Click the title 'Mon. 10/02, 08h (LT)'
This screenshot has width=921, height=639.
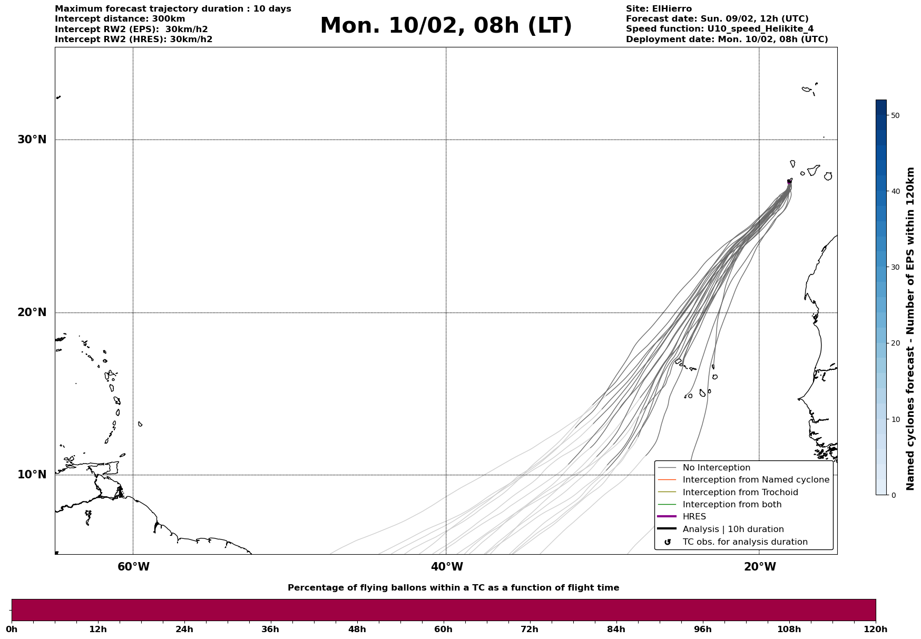click(x=446, y=26)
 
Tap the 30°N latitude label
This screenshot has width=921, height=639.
click(x=32, y=140)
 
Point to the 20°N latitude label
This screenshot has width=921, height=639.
click(x=32, y=312)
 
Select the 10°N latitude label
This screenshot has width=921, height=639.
click(x=32, y=475)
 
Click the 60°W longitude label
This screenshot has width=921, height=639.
click(x=133, y=567)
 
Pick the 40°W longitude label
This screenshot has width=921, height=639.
click(x=447, y=567)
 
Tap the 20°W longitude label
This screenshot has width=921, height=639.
click(x=760, y=567)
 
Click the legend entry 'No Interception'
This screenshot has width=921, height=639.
click(x=716, y=468)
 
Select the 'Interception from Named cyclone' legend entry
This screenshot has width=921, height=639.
click(x=756, y=480)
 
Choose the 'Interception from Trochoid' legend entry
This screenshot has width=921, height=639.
click(x=740, y=493)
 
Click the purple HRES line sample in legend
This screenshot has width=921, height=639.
click(x=667, y=517)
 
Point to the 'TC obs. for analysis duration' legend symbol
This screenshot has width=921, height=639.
click(x=668, y=542)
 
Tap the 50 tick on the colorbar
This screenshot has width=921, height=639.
click(x=895, y=115)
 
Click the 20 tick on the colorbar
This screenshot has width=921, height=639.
click(x=895, y=343)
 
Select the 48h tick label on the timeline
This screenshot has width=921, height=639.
click(x=357, y=630)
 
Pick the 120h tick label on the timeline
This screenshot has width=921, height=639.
click(x=875, y=630)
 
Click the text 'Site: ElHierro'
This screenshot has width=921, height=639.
click(x=659, y=9)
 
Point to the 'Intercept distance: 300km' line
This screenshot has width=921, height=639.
click(x=120, y=19)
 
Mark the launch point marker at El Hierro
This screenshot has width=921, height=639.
click(x=789, y=182)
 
